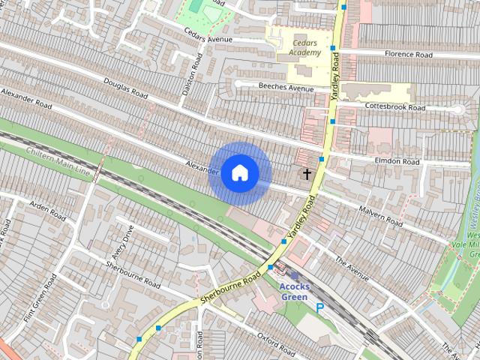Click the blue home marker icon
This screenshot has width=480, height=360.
(x=239, y=173)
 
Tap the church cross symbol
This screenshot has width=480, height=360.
(x=307, y=174)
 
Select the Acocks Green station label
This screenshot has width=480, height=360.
(x=293, y=291)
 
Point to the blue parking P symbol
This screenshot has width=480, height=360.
(x=320, y=307)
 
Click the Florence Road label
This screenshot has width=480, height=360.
(x=409, y=55)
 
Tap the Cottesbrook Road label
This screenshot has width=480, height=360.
(x=394, y=107)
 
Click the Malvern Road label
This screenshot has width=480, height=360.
(x=381, y=217)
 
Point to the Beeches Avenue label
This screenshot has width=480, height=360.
(x=286, y=88)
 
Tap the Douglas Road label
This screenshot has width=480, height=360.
(x=125, y=88)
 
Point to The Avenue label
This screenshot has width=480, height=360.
(x=352, y=269)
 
